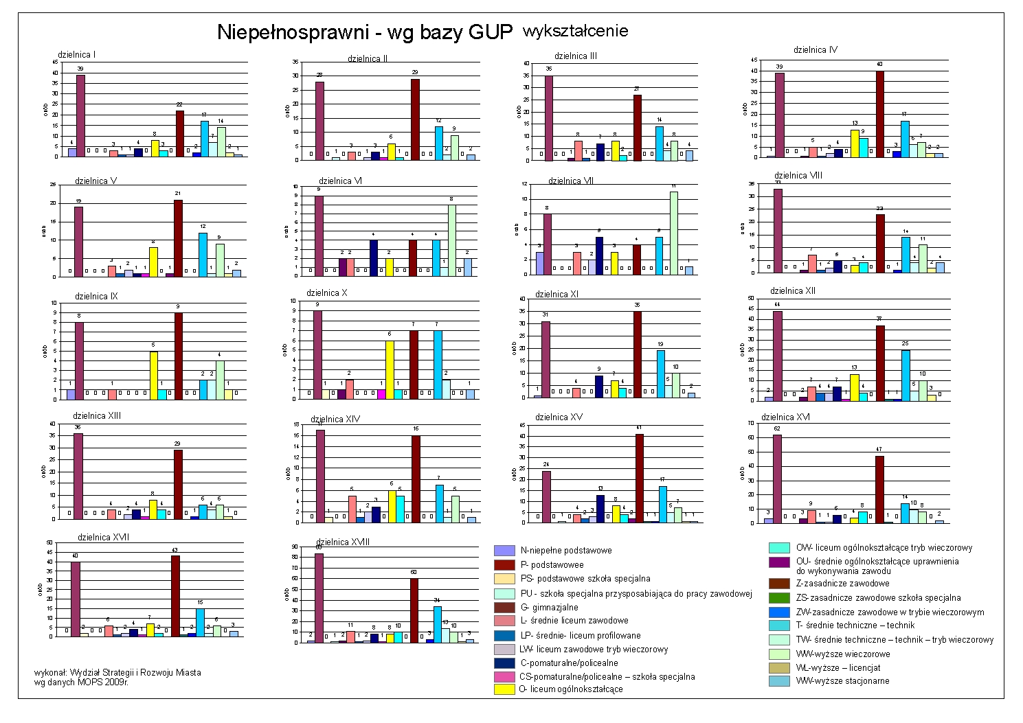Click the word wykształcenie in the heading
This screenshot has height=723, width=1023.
pyautogui.click(x=575, y=31)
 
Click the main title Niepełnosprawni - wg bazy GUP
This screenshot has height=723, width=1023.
pyautogui.click(x=365, y=32)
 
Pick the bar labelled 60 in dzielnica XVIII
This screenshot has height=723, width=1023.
pyautogui.click(x=414, y=610)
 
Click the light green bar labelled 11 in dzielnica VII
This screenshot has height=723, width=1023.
pyautogui.click(x=674, y=233)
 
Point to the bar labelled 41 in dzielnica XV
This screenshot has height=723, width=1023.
pyautogui.click(x=640, y=478)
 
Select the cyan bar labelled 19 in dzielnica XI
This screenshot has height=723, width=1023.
pyautogui.click(x=660, y=374)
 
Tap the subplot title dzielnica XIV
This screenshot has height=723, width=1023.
pyautogui.click(x=335, y=419)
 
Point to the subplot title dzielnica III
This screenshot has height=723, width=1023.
pyautogui.click(x=576, y=56)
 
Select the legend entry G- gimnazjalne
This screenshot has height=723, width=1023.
pyautogui.click(x=549, y=608)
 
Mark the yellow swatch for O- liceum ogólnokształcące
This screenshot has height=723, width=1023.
pyautogui.click(x=504, y=689)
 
